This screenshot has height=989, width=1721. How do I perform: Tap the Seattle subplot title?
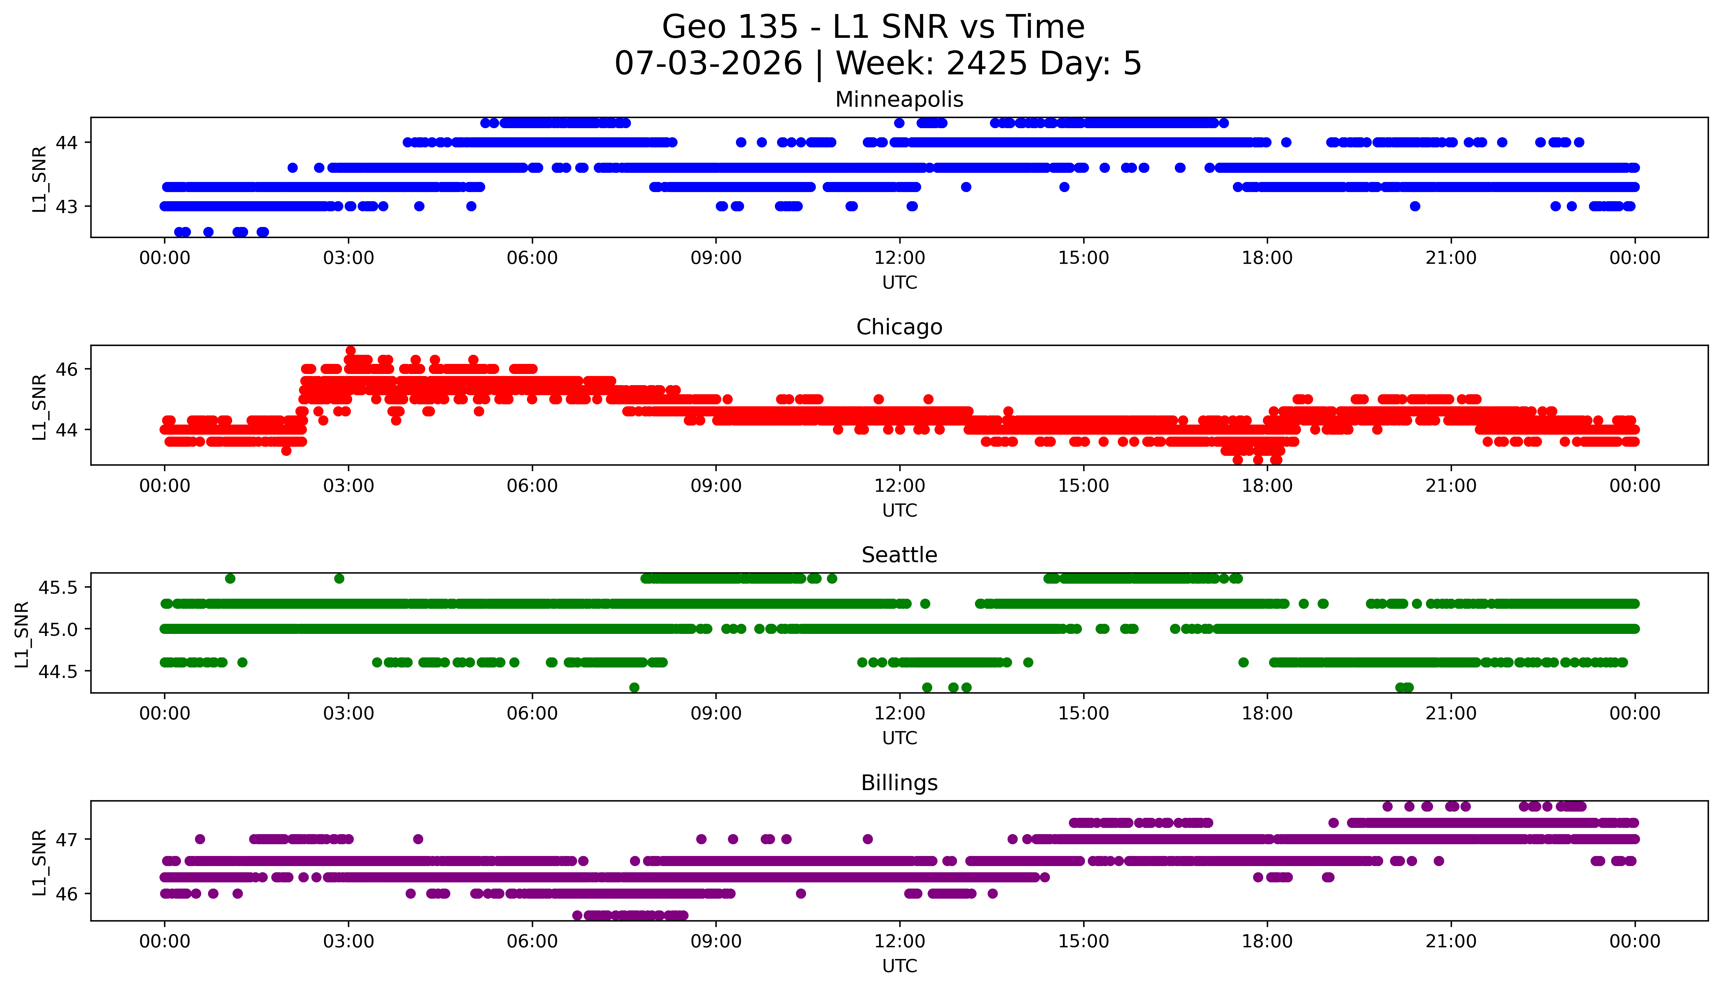tap(899, 555)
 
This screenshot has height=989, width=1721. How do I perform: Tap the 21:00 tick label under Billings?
tap(1451, 941)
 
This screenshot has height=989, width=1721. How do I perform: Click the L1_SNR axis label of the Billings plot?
tap(39, 863)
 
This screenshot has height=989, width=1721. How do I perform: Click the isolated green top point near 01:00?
tap(230, 579)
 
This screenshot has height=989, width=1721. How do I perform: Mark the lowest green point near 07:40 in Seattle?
tap(634, 687)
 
